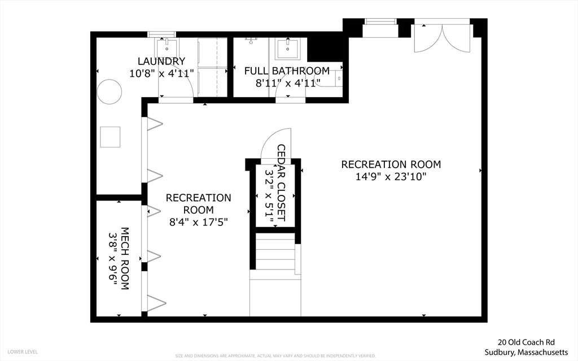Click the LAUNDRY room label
pyautogui.click(x=161, y=61)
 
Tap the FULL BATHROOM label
pyautogui.click(x=287, y=71)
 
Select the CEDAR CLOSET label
pyautogui.click(x=281, y=182)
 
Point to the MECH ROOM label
pyautogui.click(x=125, y=258)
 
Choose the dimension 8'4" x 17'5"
pyautogui.click(x=198, y=222)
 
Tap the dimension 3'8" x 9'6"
pyautogui.click(x=113, y=258)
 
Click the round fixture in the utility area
pyautogui.click(x=110, y=92)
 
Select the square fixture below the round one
pyautogui.click(x=110, y=137)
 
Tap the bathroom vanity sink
pyautogui.click(x=288, y=48)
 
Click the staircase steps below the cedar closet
pyautogui.click(x=275, y=254)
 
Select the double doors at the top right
pyautogui.click(x=443, y=38)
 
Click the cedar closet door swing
pyautogui.click(x=275, y=143)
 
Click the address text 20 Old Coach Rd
pyautogui.click(x=527, y=342)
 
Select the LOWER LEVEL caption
pyautogui.click(x=23, y=352)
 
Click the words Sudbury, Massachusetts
pyautogui.click(x=527, y=352)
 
